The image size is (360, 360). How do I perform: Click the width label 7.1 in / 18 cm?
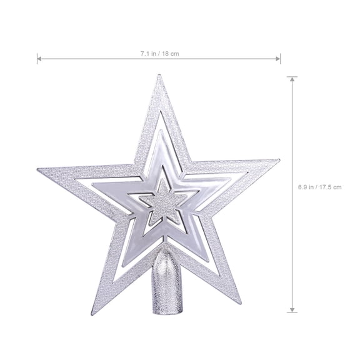click(x=159, y=54)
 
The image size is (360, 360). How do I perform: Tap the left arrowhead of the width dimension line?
click(x=39, y=60)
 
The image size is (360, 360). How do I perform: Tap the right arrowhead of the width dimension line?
click(x=279, y=60)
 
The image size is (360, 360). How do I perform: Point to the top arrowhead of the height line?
click(x=292, y=78)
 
